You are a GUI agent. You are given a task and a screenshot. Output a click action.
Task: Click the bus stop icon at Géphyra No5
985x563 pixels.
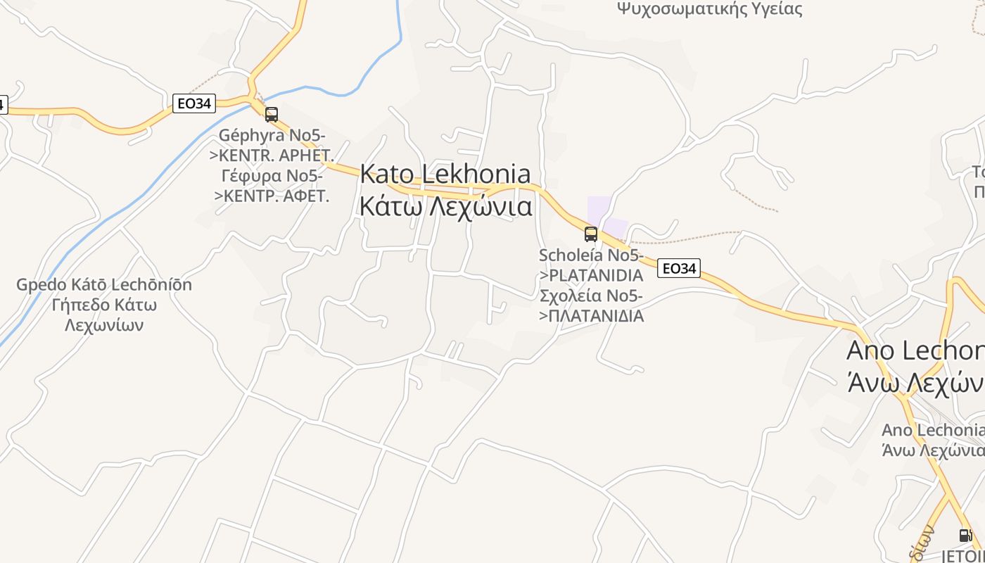point(272,114)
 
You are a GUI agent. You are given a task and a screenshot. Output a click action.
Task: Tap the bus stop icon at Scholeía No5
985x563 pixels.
point(591,234)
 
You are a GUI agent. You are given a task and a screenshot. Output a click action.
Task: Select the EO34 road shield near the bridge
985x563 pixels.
point(193,103)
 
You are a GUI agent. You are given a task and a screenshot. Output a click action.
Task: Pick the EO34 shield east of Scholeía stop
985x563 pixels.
point(679,268)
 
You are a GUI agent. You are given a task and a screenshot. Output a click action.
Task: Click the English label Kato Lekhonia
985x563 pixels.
point(445,174)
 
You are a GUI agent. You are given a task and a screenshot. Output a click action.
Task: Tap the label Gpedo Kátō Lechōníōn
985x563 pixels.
point(104,285)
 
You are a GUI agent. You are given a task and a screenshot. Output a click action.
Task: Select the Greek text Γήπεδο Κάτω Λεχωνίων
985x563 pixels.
point(104,315)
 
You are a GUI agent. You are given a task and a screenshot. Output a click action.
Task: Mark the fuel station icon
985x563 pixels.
point(965,536)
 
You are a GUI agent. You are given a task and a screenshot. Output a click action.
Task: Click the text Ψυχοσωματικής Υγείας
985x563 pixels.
point(709,9)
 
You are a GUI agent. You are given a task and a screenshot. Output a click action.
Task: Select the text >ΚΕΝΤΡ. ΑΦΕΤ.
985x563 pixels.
point(272,196)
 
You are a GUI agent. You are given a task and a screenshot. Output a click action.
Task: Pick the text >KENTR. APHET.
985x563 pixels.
point(272,155)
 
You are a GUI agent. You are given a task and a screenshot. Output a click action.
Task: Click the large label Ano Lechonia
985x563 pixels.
point(915,350)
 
